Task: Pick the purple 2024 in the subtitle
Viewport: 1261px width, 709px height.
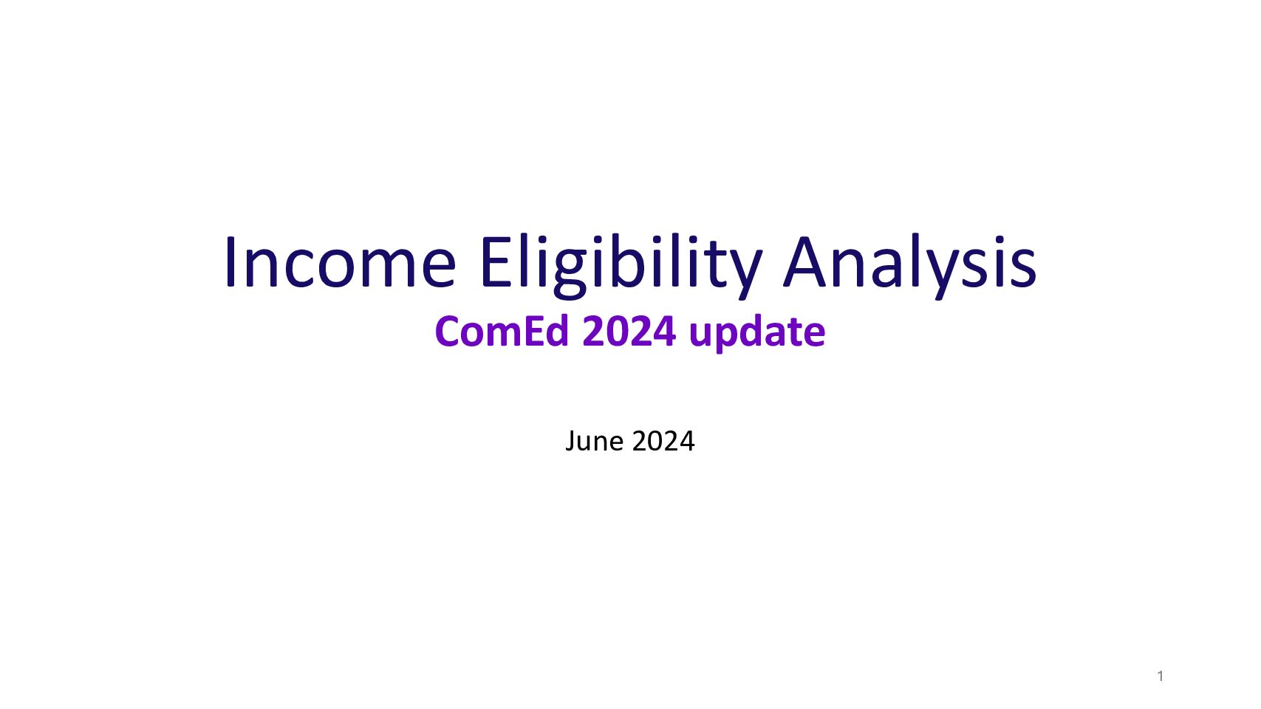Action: [x=629, y=332]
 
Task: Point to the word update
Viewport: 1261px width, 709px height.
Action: [x=757, y=333]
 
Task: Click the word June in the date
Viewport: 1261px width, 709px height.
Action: [x=594, y=441]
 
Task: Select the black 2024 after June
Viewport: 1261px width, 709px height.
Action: [x=663, y=441]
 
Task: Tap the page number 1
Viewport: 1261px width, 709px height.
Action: [x=1161, y=676]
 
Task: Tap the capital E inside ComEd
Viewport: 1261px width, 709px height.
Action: [x=533, y=332]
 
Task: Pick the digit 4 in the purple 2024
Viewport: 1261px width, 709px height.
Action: [x=664, y=332]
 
